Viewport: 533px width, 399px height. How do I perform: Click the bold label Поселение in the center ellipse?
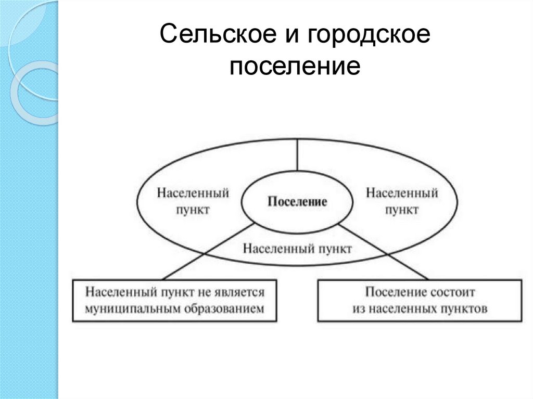pos(297,202)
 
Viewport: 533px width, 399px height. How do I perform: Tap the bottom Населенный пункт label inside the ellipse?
pos(297,248)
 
